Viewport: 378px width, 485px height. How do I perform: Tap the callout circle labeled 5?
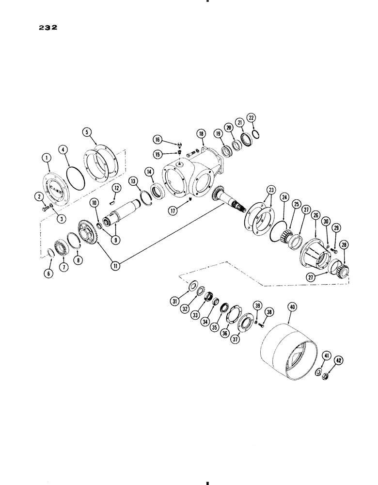(87, 131)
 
